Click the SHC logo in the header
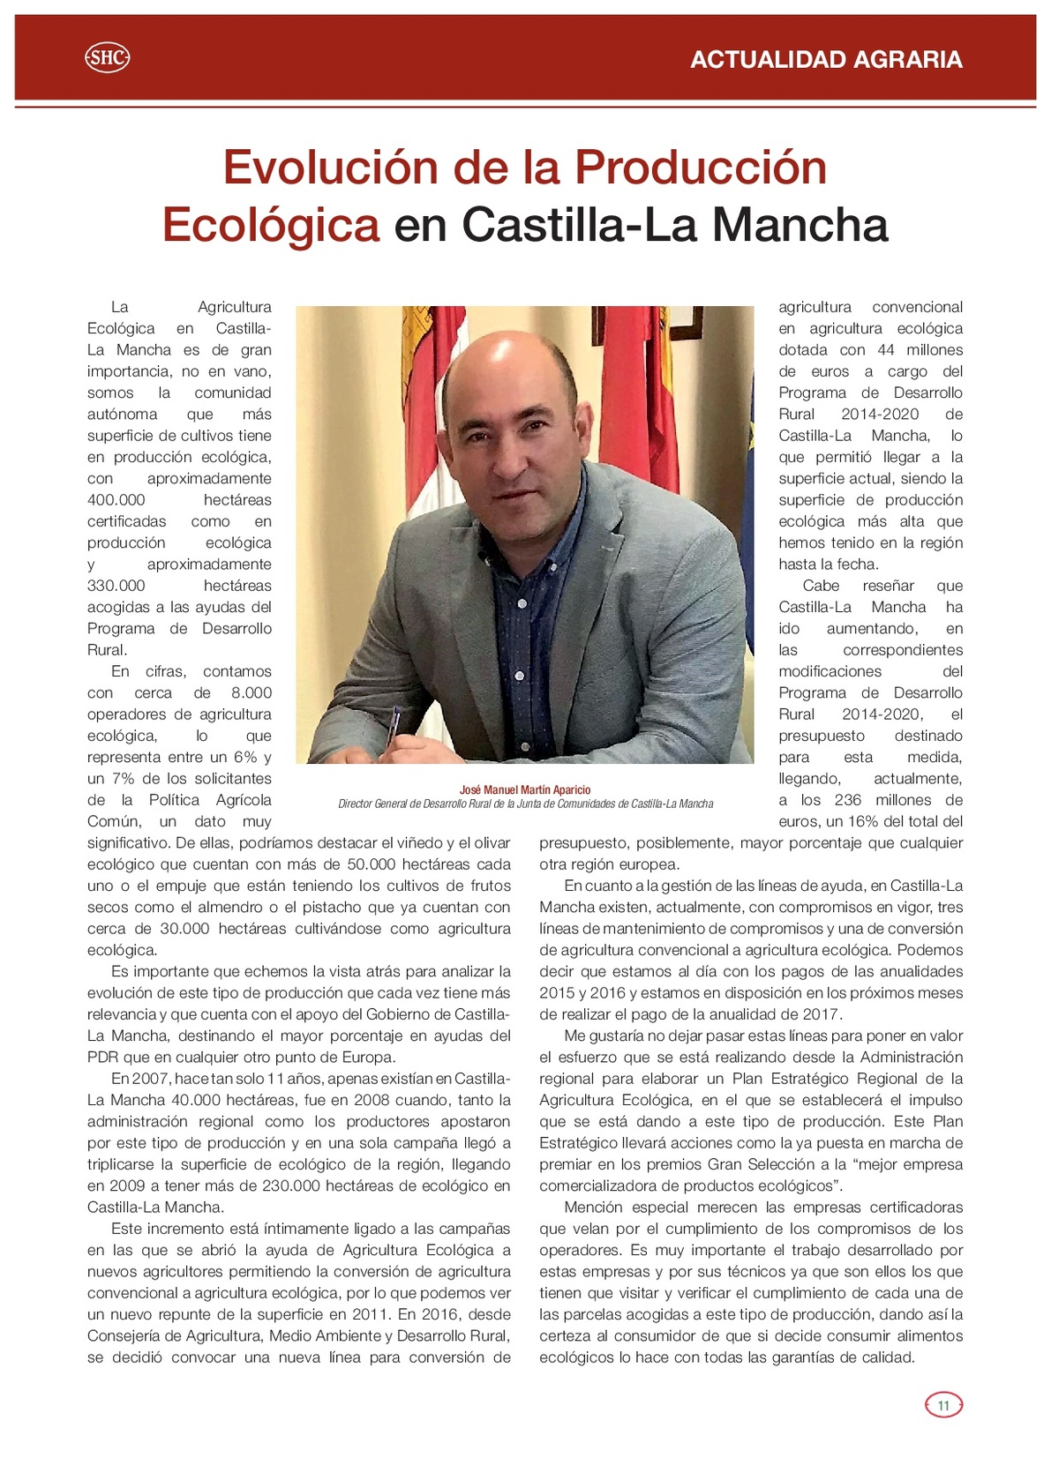coord(107,58)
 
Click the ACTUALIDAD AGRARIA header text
coord(826,59)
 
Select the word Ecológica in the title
coord(271,225)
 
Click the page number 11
coord(942,1405)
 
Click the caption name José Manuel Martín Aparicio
coord(525,790)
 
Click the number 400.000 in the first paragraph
coord(116,500)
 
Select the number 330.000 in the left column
coord(116,586)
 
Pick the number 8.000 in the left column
coord(251,693)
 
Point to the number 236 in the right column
coord(847,800)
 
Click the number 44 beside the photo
coord(886,350)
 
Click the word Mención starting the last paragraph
coord(593,1208)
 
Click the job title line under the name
coord(525,804)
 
